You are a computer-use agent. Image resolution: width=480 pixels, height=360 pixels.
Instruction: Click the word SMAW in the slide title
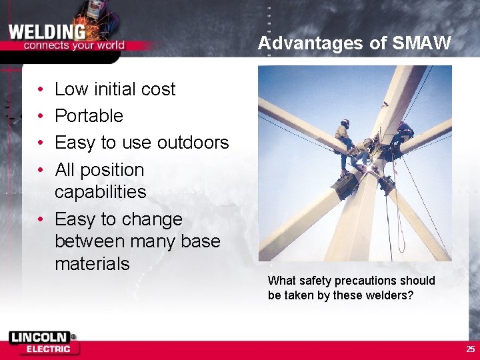pos(422,44)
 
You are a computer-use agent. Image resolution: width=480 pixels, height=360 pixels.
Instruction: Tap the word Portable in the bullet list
pos(89,116)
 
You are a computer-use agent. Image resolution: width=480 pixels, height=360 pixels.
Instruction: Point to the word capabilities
pos(100,192)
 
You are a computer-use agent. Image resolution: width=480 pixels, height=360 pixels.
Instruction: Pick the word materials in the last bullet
pos(92,264)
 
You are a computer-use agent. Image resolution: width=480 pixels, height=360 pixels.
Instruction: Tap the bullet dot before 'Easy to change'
pos(41,220)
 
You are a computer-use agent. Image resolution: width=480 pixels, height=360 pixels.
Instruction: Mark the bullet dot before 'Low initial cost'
pos(41,89)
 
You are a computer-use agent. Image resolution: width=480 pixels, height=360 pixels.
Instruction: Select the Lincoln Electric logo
pos(44,343)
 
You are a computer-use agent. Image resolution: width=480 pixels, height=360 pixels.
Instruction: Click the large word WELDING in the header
pos(47,31)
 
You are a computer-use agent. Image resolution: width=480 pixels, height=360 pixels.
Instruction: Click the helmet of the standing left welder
pos(345,123)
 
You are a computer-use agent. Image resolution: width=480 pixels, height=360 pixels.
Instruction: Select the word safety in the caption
pos(313,281)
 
